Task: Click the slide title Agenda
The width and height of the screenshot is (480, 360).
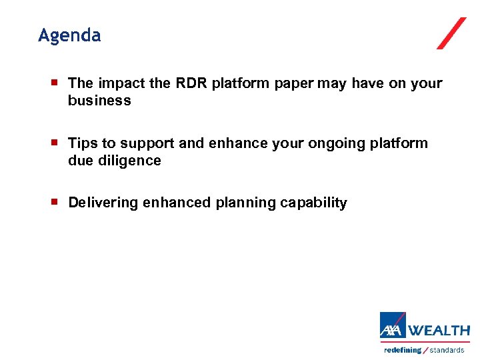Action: coord(69,35)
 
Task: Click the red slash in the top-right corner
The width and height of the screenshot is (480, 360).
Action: coord(451,33)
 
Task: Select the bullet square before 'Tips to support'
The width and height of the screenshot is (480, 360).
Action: coord(56,143)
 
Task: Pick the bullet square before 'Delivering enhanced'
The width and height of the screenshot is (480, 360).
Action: coord(56,202)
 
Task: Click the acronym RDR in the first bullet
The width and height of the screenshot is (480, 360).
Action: coord(192,83)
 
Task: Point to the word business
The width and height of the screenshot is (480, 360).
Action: coord(99,101)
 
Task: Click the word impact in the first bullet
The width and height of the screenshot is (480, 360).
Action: coord(119,83)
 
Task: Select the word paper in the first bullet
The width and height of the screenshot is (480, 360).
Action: coord(295,83)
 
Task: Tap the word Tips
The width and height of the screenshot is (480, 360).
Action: coord(83,143)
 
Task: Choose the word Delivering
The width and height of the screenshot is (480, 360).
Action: coord(103,203)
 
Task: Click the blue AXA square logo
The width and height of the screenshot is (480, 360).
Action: coord(393,326)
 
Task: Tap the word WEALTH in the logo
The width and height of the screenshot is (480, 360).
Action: coord(439,330)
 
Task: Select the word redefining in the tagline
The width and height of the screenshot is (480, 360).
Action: coord(403,350)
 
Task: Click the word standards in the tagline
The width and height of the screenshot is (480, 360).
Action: coord(447,350)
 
